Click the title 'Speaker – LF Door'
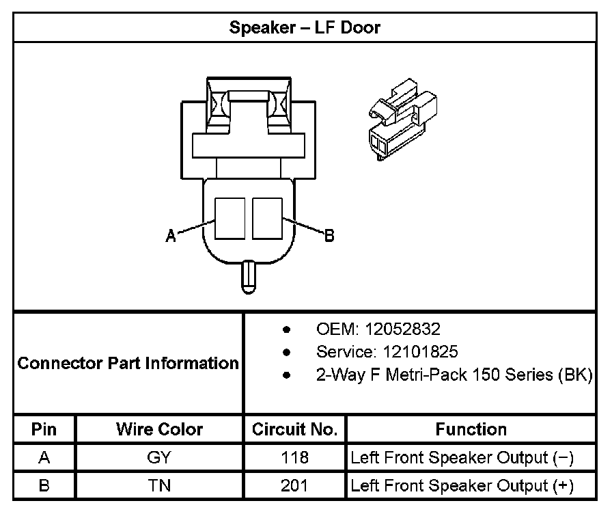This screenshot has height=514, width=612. point(305,28)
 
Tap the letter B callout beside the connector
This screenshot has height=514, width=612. point(329,236)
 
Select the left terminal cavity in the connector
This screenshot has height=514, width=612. point(230,218)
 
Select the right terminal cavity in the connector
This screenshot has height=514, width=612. point(267,218)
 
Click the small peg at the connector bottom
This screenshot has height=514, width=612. point(249,276)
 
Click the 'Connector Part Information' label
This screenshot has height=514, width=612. point(128,363)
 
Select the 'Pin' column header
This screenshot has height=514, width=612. point(44,429)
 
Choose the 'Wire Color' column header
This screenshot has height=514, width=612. point(159,429)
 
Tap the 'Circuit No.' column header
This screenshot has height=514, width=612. point(294,429)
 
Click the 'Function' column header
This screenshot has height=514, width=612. point(471,429)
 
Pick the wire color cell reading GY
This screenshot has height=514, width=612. point(159,458)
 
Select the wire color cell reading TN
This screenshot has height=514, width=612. point(159,486)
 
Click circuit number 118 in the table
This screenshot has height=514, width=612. point(294,458)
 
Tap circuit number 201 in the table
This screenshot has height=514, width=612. point(294,486)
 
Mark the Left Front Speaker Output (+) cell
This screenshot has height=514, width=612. point(462,486)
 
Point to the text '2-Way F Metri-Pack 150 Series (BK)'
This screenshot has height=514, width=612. point(454,375)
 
